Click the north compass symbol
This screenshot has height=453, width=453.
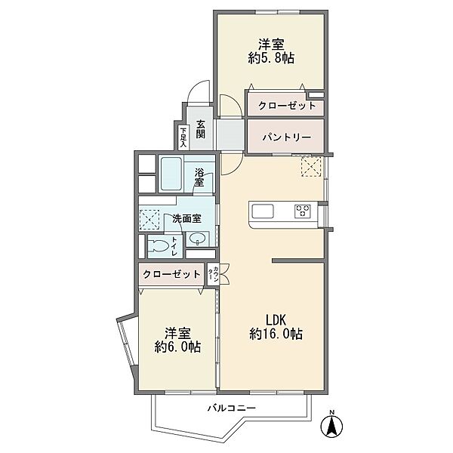[332, 424]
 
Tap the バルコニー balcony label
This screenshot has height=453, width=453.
[232, 408]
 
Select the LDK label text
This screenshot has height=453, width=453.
[276, 320]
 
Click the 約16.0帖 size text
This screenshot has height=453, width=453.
[276, 334]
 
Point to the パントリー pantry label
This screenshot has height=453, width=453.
[287, 137]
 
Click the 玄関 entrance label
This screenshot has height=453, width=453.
[200, 129]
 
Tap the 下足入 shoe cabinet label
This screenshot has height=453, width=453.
[183, 137]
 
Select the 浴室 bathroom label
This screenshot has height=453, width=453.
[199, 177]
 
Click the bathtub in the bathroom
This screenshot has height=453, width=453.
[171, 174]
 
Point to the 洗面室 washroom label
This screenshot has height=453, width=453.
[186, 219]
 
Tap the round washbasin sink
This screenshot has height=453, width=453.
[198, 239]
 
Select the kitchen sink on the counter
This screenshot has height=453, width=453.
[263, 211]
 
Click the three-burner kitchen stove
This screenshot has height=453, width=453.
[303, 211]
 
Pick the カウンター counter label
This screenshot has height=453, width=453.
[213, 275]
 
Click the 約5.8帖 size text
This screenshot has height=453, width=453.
[271, 59]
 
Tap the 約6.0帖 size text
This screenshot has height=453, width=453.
[177, 347]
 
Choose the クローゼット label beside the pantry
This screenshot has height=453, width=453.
[287, 106]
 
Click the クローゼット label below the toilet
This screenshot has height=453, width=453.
[171, 274]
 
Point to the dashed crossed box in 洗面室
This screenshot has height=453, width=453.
[149, 220]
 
